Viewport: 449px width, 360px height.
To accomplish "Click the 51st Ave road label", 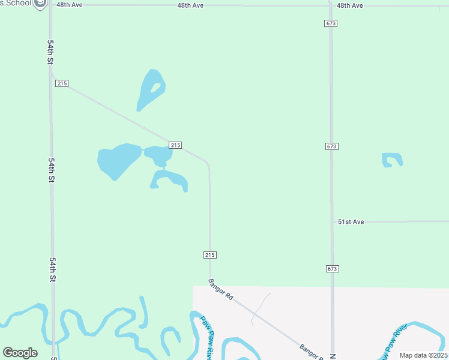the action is click(x=351, y=221).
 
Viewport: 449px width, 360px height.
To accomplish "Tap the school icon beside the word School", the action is click(x=41, y=4).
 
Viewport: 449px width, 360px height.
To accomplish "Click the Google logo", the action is click(x=20, y=353).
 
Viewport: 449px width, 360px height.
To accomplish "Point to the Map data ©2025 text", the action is click(x=423, y=355).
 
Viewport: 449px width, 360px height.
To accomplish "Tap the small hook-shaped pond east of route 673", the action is click(x=392, y=159).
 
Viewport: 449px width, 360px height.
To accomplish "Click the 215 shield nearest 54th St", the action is click(x=62, y=83).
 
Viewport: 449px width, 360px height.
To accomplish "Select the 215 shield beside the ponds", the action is click(x=175, y=145).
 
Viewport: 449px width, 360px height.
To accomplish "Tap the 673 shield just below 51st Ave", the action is click(x=333, y=268).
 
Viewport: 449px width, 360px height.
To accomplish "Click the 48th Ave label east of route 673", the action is click(x=350, y=5).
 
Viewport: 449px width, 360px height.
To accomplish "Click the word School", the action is click(x=18, y=3).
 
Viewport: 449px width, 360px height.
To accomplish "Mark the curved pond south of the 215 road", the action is click(x=169, y=179).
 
